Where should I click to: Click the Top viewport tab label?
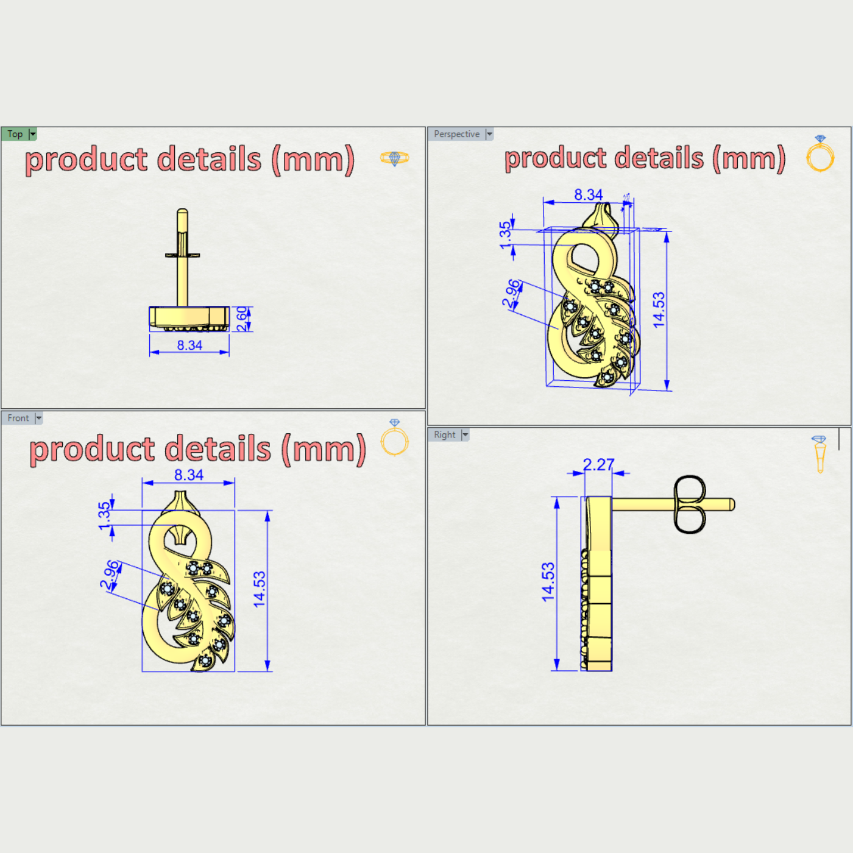pyautogui.click(x=15, y=134)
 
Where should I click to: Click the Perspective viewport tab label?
pyautogui.click(x=456, y=134)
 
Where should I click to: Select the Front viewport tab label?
pyautogui.click(x=18, y=418)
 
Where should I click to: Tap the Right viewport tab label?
pyautogui.click(x=445, y=434)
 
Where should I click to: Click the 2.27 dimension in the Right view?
pyautogui.click(x=598, y=465)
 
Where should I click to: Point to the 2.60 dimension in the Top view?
pyautogui.click(x=242, y=319)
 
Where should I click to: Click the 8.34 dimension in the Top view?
pyautogui.click(x=189, y=345)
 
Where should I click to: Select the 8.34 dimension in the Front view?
pyautogui.click(x=189, y=475)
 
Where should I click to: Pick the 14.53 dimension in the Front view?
pyautogui.click(x=260, y=589)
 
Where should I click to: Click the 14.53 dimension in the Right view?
pyautogui.click(x=548, y=582)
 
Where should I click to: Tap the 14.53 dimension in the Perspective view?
pyautogui.click(x=659, y=310)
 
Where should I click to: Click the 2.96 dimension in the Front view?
pyautogui.click(x=110, y=575)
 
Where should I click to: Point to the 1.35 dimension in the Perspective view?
pyautogui.click(x=505, y=235)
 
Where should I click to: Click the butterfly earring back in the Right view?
pyautogui.click(x=690, y=504)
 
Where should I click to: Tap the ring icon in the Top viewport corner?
pyautogui.click(x=395, y=158)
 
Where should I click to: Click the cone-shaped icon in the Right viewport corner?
pyautogui.click(x=819, y=453)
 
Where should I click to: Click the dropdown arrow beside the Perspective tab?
pyautogui.click(x=489, y=134)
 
